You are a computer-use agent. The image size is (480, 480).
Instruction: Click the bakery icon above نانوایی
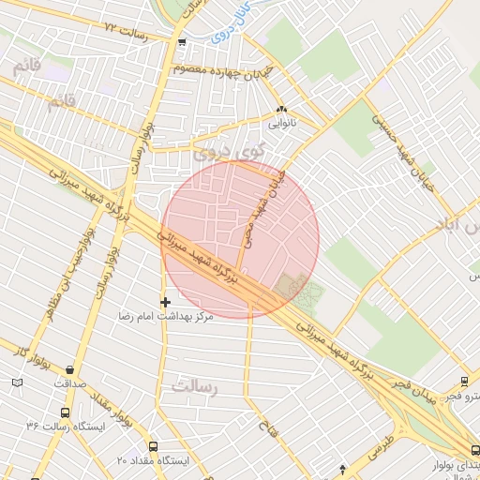coord(282,109)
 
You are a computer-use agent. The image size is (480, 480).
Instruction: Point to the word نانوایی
coord(282,122)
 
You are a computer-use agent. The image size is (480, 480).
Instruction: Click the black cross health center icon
coord(166,302)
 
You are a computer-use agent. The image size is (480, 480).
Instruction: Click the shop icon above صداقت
coord(71,369)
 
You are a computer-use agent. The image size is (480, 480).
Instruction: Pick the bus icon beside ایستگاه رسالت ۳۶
coord(65,412)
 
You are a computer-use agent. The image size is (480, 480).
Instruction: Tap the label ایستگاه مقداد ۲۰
coord(153,461)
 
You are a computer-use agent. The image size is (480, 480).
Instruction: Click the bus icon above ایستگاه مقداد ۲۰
coord(153,447)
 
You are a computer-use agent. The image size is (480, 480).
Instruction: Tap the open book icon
coord(18,382)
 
